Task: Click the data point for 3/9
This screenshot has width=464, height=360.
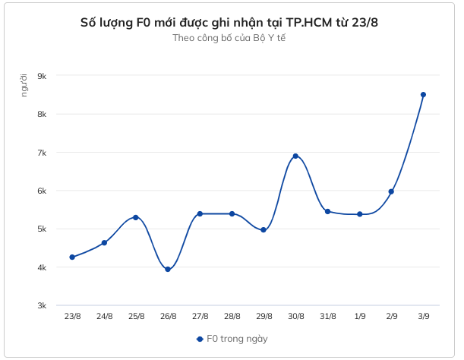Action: point(423,95)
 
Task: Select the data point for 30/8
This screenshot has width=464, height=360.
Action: point(295,156)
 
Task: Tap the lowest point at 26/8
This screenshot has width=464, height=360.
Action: point(168,269)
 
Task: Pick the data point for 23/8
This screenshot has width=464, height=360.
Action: point(72,257)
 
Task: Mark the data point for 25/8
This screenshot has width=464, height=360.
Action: point(136,217)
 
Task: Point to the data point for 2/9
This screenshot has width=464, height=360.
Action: point(391,191)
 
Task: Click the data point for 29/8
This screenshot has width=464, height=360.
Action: point(264,229)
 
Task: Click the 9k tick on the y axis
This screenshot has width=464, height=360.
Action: point(42,76)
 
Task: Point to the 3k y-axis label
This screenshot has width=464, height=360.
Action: point(42,305)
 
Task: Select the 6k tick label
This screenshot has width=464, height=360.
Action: point(42,191)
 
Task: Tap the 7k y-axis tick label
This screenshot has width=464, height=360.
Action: point(42,153)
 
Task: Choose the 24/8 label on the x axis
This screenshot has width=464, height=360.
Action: point(104,316)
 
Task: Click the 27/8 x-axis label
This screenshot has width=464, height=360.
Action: point(200,316)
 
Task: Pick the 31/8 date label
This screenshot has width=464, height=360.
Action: point(327,316)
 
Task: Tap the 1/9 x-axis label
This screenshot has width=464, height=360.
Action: point(359,316)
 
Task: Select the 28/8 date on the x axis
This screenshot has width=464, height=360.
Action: point(232,316)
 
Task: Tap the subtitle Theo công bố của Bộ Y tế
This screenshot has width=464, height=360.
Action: point(229,37)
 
